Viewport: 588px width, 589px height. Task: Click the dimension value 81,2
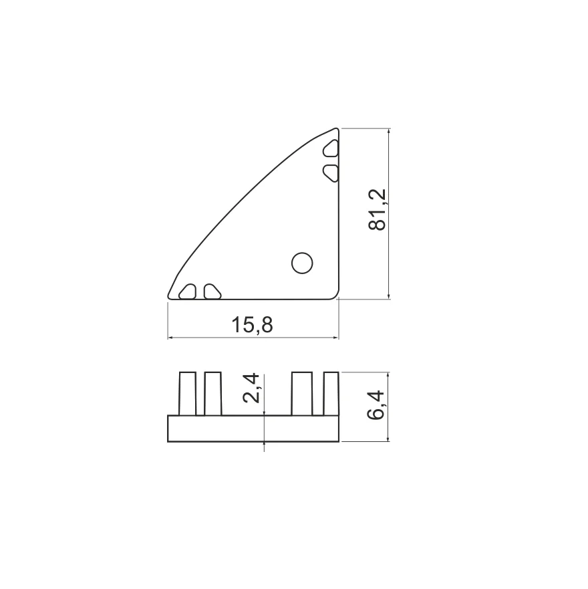378,210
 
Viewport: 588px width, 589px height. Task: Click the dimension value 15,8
252,325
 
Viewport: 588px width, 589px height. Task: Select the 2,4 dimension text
251,388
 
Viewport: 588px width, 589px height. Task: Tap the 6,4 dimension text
376,405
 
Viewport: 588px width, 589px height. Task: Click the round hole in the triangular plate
302,263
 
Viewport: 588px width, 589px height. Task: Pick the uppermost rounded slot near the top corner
331,148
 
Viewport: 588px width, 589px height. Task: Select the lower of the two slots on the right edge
331,172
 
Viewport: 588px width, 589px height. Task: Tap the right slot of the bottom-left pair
212,291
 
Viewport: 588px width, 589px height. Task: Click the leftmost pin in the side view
188,394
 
